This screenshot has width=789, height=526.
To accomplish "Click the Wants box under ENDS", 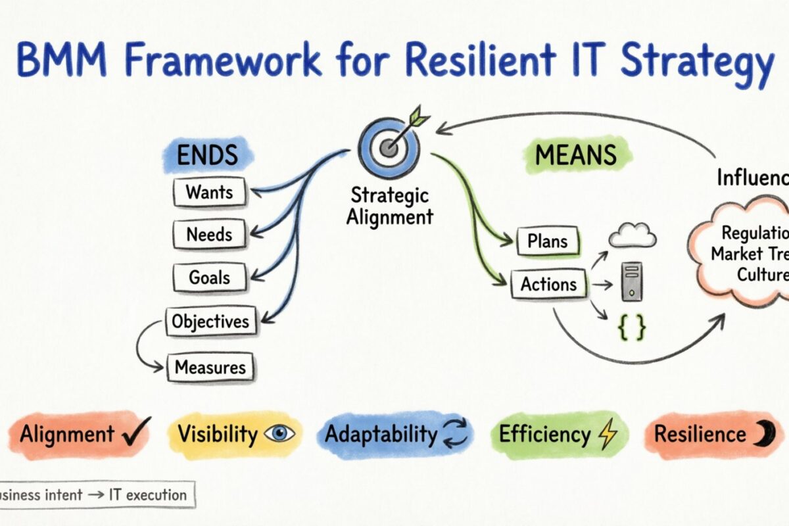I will (209, 193).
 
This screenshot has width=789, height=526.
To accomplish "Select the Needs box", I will (210, 234).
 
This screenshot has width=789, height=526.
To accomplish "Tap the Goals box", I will (208, 277).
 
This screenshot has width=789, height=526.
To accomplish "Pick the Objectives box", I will (210, 322).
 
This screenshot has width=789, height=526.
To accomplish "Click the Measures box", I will (210, 368).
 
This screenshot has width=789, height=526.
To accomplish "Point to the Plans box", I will (547, 242).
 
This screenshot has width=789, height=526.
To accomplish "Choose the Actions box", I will (548, 284).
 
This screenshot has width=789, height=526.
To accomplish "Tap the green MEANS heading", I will (576, 155).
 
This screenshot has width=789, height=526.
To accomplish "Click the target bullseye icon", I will (389, 146).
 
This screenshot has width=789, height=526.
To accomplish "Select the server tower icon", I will (631, 281).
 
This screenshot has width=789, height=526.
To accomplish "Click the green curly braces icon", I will (631, 327).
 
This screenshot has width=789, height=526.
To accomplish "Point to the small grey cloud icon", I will (633, 236).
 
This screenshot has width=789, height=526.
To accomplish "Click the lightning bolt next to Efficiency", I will (606, 435).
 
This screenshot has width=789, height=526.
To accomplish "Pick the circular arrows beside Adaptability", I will (454, 435).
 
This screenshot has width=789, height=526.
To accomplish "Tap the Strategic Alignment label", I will (391, 206).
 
